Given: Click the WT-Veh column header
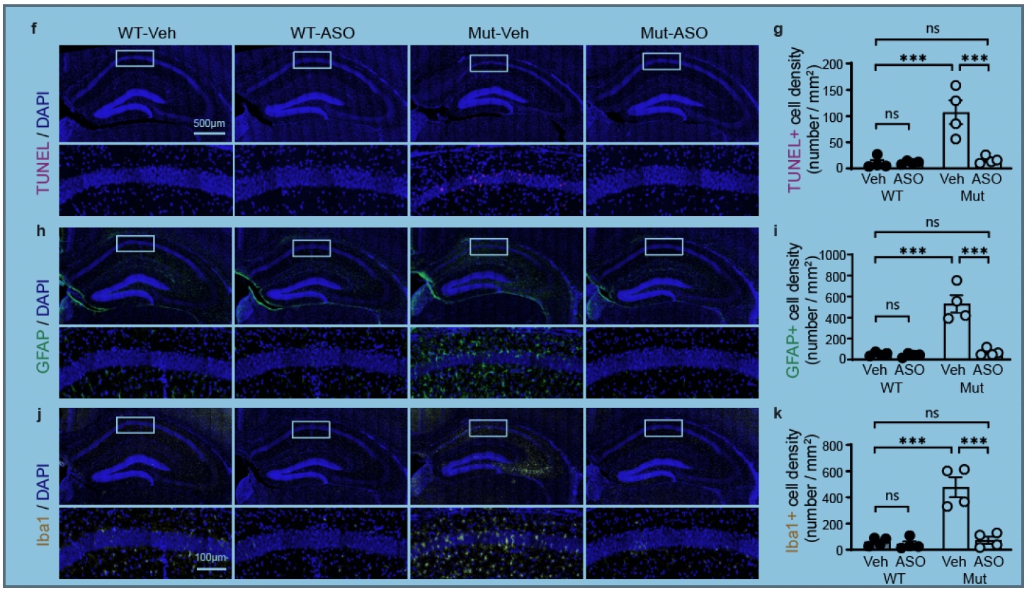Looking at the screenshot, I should coord(147,33).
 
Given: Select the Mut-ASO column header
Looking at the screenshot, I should coord(674,33).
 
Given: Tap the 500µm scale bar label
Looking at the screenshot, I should coord(209,123).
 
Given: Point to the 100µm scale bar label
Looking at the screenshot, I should coord(210,558).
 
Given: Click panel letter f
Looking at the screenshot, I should coord(34,28).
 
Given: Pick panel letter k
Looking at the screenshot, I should coord(778,414).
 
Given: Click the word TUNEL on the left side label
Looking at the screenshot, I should coord(42,167).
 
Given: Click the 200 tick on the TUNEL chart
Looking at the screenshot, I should coord(833,64).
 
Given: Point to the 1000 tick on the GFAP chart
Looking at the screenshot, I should coord(832,255).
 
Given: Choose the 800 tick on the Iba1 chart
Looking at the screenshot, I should coord(833,446).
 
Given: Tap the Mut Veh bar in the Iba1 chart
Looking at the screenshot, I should coord(956,518).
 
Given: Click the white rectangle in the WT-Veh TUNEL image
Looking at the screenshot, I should coord(135,58).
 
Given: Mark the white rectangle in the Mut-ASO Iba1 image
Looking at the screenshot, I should coord(663,428).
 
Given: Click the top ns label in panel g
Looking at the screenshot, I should coord(932,28).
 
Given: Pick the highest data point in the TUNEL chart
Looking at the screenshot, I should coord(956,85).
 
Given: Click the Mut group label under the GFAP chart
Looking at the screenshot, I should coord(972,388).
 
